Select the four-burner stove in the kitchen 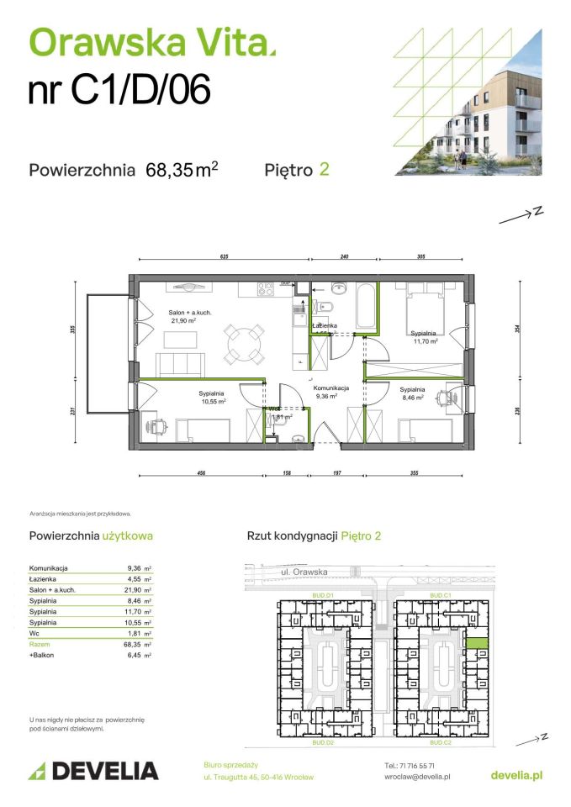[267, 290]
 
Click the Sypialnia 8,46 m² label [412, 394]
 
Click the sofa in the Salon [181, 364]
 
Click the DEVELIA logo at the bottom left [93, 770]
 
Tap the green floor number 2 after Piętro [324, 169]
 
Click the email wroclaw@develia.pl [416, 778]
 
